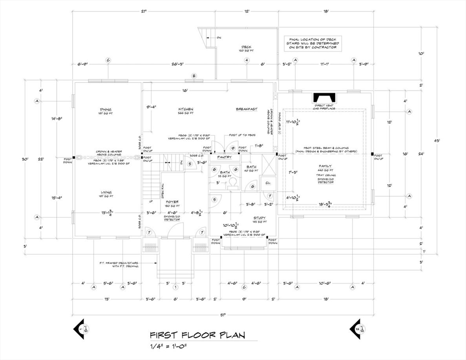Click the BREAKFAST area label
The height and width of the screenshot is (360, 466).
coord(247,109)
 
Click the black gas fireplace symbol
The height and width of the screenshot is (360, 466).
coord(324,98)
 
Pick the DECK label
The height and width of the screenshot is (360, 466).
coord(247,47)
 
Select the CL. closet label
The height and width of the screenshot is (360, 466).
coord(268,183)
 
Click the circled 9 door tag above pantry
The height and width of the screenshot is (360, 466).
coord(233,148)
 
